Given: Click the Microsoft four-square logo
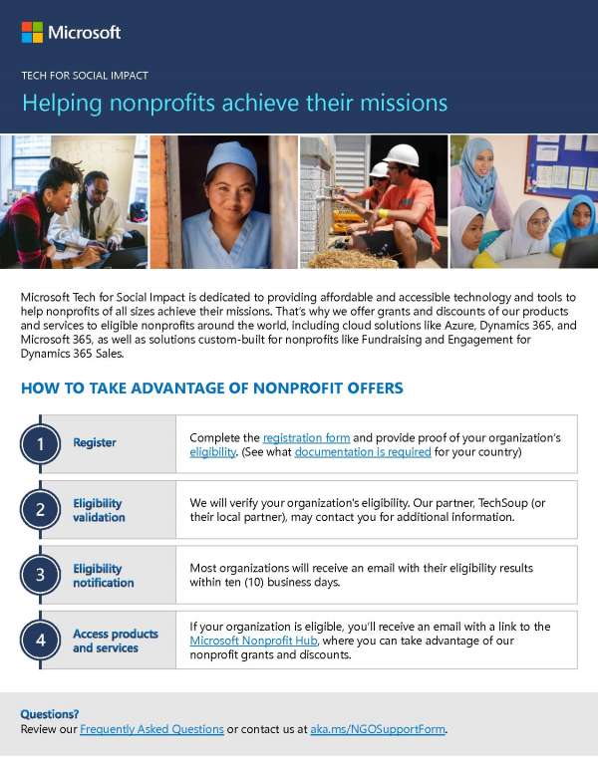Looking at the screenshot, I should point(32,32).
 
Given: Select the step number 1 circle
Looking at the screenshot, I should point(41,444).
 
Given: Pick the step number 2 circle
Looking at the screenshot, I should point(41,510).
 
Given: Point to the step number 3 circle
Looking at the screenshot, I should point(41,575).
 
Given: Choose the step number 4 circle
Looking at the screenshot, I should point(41,641).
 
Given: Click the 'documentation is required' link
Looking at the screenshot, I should point(363,452).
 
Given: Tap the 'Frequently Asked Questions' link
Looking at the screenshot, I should point(151,729).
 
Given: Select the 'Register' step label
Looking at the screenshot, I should point(95,443).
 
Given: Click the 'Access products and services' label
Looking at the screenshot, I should point(115,641).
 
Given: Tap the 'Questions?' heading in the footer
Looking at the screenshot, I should point(49,714).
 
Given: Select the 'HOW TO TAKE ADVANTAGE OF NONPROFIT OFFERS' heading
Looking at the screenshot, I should point(211,387).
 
